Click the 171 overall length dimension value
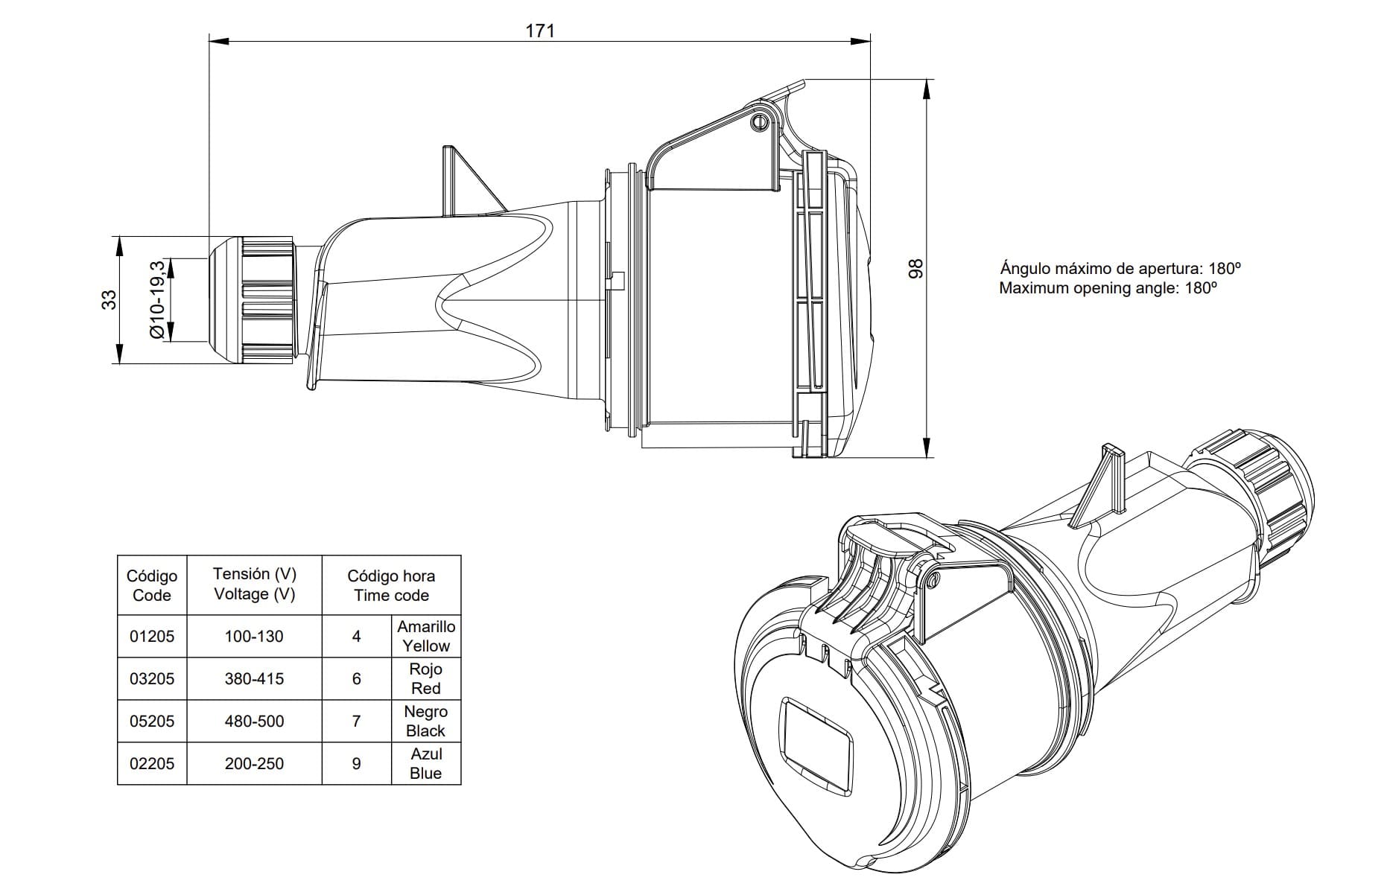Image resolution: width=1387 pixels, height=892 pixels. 540,31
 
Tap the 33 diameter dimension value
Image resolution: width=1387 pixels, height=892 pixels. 110,299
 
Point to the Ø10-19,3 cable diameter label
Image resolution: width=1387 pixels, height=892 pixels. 157,299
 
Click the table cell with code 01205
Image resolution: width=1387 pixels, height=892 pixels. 152,637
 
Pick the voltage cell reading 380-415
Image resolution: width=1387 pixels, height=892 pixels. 254,679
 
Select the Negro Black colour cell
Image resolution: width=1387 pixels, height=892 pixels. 426,721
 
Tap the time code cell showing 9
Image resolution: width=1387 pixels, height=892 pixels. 357,763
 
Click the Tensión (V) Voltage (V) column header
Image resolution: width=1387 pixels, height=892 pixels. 254,584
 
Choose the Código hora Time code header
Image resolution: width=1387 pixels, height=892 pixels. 391,585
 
